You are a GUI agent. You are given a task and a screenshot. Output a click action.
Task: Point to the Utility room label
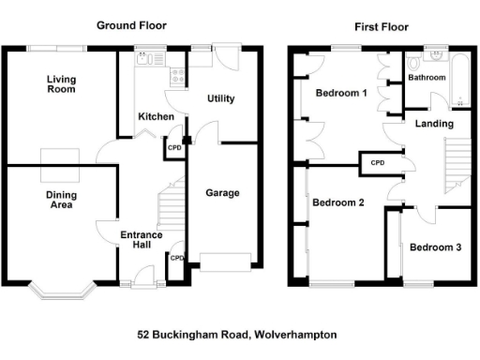pos(220,98)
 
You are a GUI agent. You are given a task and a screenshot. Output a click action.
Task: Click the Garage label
pos(222,193)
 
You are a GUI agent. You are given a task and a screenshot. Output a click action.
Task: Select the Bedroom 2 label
pos(337,202)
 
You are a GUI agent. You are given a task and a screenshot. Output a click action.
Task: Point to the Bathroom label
pos(427,78)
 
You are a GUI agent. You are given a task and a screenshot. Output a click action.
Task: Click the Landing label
pos(436,124)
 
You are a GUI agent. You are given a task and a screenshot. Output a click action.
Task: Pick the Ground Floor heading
pos(131,25)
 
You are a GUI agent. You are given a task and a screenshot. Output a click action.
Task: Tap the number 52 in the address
pos(143,335)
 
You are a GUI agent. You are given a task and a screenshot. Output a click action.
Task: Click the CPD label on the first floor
pos(378,163)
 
